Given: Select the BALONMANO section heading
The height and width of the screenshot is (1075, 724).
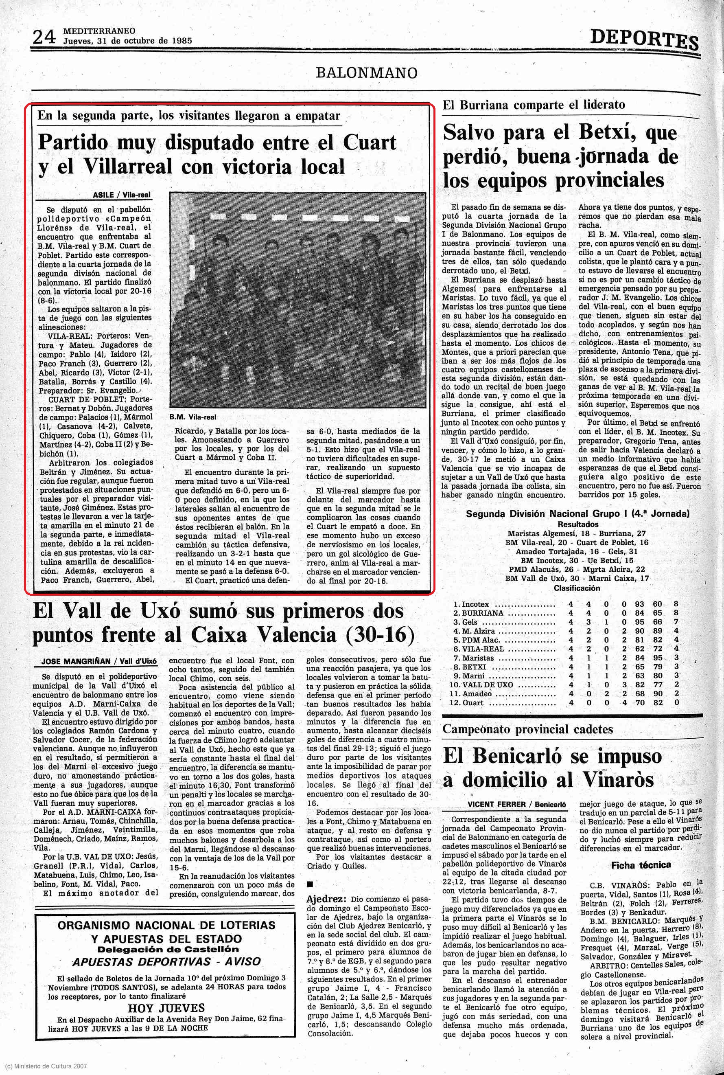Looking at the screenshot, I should (367, 73).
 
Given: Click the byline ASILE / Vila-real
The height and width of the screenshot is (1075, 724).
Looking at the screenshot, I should (122, 195).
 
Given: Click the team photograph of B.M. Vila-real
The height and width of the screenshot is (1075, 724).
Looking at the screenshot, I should (297, 299).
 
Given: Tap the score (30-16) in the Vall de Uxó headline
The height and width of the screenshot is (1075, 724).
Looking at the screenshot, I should (385, 635).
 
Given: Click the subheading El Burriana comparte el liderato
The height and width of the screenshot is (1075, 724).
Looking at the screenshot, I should (533, 105).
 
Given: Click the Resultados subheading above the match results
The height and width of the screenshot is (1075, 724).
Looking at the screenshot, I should (577, 524).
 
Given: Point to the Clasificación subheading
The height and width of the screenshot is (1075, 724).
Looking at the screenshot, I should (577, 588).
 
